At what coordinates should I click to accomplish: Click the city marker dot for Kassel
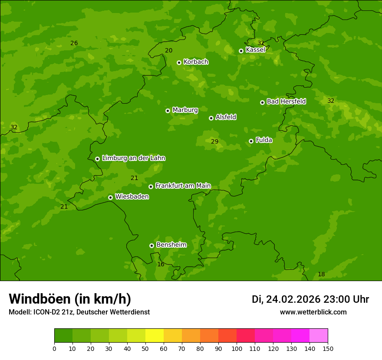241,51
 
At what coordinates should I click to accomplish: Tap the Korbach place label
196,62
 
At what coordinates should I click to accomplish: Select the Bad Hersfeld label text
286,101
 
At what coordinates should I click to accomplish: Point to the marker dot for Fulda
251,141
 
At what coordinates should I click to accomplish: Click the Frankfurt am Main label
183,186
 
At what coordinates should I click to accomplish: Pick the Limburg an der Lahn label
133,158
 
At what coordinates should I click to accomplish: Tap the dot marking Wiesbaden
110,197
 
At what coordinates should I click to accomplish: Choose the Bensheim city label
171,245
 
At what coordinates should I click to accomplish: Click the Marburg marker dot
168,111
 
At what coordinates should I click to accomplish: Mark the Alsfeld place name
226,117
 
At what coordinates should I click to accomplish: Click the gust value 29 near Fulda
214,141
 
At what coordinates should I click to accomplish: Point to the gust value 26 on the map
74,43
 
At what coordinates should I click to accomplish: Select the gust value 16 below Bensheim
161,264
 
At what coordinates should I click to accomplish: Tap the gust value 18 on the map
321,274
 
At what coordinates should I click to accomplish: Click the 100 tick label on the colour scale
237,348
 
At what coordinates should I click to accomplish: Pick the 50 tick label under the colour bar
145,348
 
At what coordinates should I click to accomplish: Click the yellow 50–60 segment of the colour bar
155,336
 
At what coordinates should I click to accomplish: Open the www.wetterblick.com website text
313,312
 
